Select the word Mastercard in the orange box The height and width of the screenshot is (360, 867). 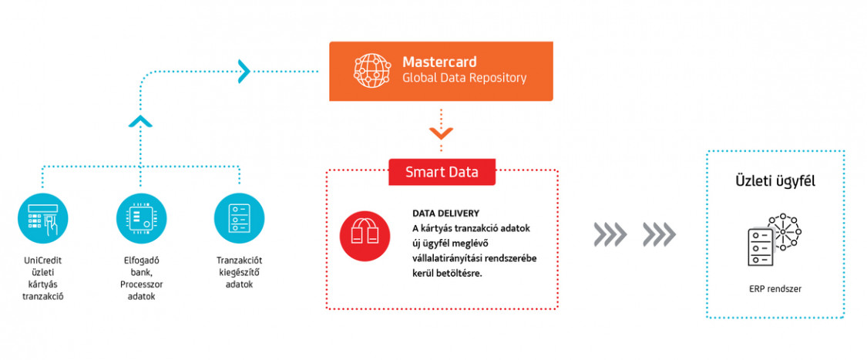439,61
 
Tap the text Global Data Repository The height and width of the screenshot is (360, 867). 465,78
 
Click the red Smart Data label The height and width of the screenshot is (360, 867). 442,172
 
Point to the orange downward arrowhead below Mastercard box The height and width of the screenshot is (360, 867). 441,133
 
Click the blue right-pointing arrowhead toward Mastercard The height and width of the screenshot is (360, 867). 244,70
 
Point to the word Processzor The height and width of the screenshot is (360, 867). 142,284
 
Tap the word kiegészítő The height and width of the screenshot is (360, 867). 240,272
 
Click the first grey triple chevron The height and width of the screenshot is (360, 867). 610,235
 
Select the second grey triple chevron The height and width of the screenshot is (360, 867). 659,235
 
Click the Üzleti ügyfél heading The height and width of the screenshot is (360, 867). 775,182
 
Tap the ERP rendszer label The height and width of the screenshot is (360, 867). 775,288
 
